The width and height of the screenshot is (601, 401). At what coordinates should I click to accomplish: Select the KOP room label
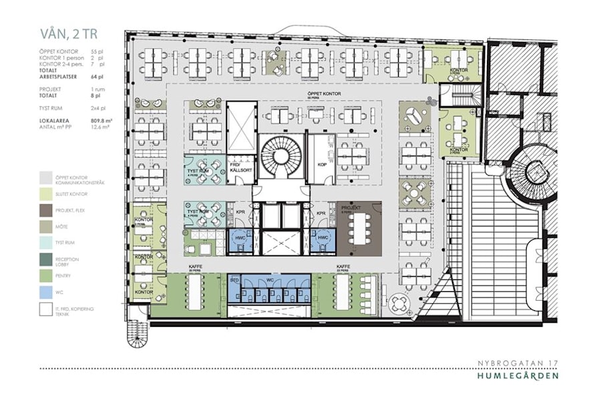(x=321, y=164)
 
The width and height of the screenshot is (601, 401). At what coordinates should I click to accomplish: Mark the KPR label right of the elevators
(x=321, y=214)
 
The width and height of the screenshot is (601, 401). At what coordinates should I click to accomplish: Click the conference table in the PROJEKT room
(x=361, y=227)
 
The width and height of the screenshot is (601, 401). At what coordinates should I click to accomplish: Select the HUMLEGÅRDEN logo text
(x=518, y=376)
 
